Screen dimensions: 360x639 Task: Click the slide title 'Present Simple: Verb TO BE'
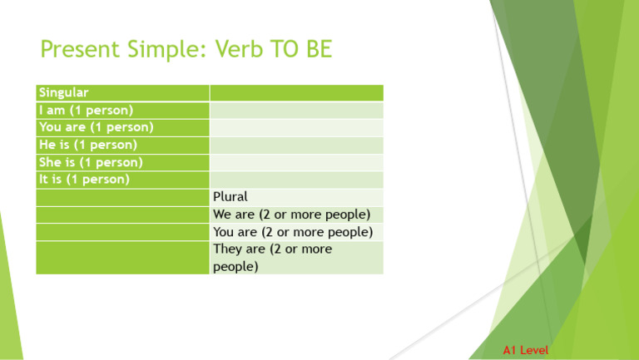[186, 51]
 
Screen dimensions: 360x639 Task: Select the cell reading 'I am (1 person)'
[87, 110]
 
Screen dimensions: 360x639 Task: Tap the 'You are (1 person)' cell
[96, 127]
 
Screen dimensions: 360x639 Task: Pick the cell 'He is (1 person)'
[88, 145]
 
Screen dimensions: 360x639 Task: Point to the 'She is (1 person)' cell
[91, 162]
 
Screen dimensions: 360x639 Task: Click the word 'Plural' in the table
[230, 197]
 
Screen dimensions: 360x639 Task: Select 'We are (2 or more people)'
[291, 215]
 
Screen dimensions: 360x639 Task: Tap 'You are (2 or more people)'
[292, 232]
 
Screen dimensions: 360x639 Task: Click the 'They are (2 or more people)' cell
[272, 258]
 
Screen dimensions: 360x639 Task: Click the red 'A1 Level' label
[526, 351]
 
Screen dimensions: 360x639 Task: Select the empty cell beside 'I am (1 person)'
[296, 110]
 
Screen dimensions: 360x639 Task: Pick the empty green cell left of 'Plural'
[122, 197]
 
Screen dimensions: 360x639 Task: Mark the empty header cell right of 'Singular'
[296, 92]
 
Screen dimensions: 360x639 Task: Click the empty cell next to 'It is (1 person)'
[296, 179]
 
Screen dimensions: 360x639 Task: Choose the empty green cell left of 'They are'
[122, 258]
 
